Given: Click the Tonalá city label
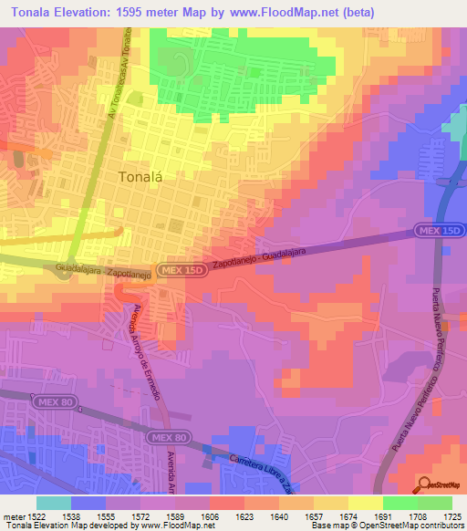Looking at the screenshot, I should pos(140,178).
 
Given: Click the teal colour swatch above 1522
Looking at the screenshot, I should pos(53,502).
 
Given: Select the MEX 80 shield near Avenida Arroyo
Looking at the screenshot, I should pos(167,439).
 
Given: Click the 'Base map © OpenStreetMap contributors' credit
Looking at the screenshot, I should pos(386,526).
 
